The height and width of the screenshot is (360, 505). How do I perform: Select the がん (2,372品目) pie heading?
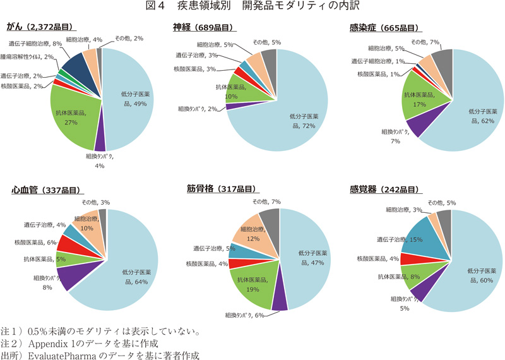[40, 28]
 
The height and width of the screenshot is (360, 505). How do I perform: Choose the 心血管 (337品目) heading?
[47, 189]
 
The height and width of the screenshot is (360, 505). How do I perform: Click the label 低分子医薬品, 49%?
[134, 98]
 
